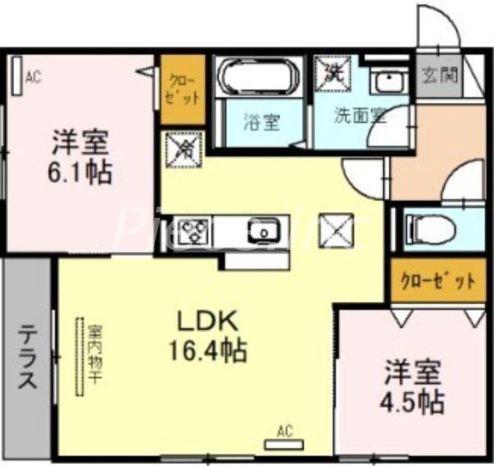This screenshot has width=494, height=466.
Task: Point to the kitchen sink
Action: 265,231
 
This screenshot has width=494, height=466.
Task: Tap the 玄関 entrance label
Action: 440,76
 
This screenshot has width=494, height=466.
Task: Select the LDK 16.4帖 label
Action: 208,336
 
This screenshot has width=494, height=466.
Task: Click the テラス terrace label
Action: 27,358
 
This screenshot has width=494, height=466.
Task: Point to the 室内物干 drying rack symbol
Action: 79,357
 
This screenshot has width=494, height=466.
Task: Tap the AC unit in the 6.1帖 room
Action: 17,75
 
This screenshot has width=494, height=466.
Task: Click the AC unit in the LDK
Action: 284,443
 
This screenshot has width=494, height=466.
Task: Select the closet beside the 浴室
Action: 183,90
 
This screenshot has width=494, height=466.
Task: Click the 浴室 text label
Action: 261,122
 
